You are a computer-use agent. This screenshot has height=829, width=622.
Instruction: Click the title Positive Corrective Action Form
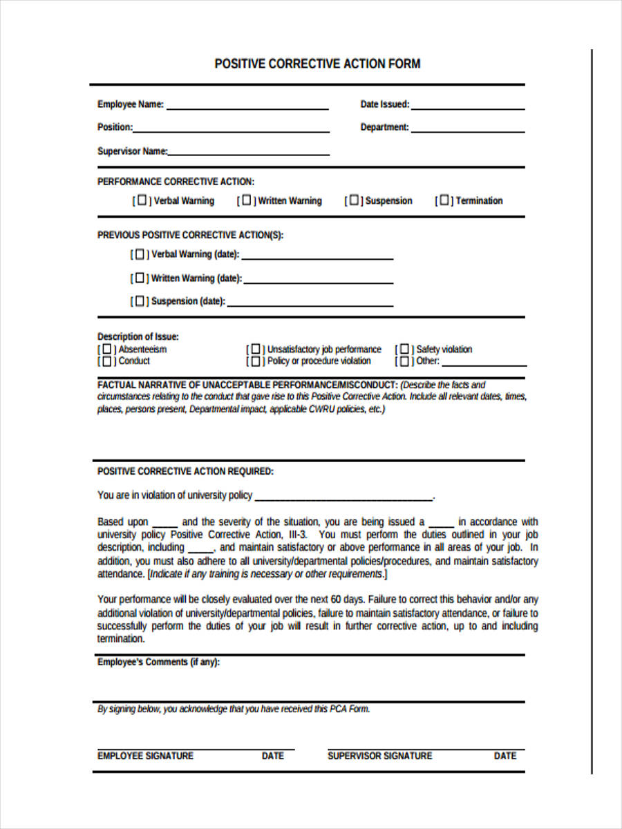click(317, 64)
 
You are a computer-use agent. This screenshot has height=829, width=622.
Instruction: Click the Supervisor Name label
click(132, 151)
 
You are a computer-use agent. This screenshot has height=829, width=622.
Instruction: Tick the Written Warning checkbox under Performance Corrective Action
click(247, 200)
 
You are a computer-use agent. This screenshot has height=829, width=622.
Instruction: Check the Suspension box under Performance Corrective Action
click(354, 200)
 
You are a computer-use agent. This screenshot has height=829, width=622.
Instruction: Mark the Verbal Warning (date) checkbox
click(140, 254)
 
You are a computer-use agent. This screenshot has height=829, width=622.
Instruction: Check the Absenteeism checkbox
click(107, 350)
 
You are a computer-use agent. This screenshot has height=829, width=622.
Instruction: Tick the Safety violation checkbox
click(404, 350)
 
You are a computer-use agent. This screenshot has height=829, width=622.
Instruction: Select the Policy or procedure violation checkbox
click(256, 361)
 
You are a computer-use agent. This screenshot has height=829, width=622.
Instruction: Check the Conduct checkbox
click(107, 361)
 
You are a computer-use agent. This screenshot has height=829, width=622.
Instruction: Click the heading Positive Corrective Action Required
click(185, 472)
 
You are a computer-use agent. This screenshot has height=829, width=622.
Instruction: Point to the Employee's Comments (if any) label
click(159, 663)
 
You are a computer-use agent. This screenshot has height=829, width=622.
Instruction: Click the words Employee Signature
click(145, 756)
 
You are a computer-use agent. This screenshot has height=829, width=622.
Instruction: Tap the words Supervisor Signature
click(379, 756)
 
